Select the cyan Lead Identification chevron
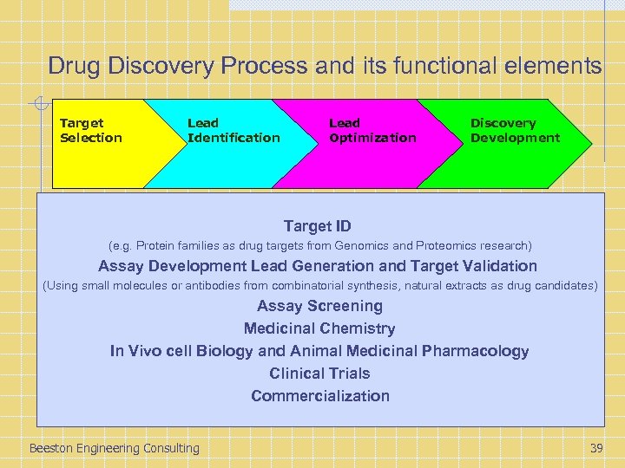[230, 143]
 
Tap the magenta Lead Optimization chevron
[369, 143]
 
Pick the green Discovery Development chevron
[512, 143]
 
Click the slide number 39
[595, 448]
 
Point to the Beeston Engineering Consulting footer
[114, 448]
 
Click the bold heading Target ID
[318, 226]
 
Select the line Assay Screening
[319, 306]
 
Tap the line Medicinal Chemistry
[319, 328]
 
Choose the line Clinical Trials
[319, 374]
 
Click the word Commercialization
[320, 396]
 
